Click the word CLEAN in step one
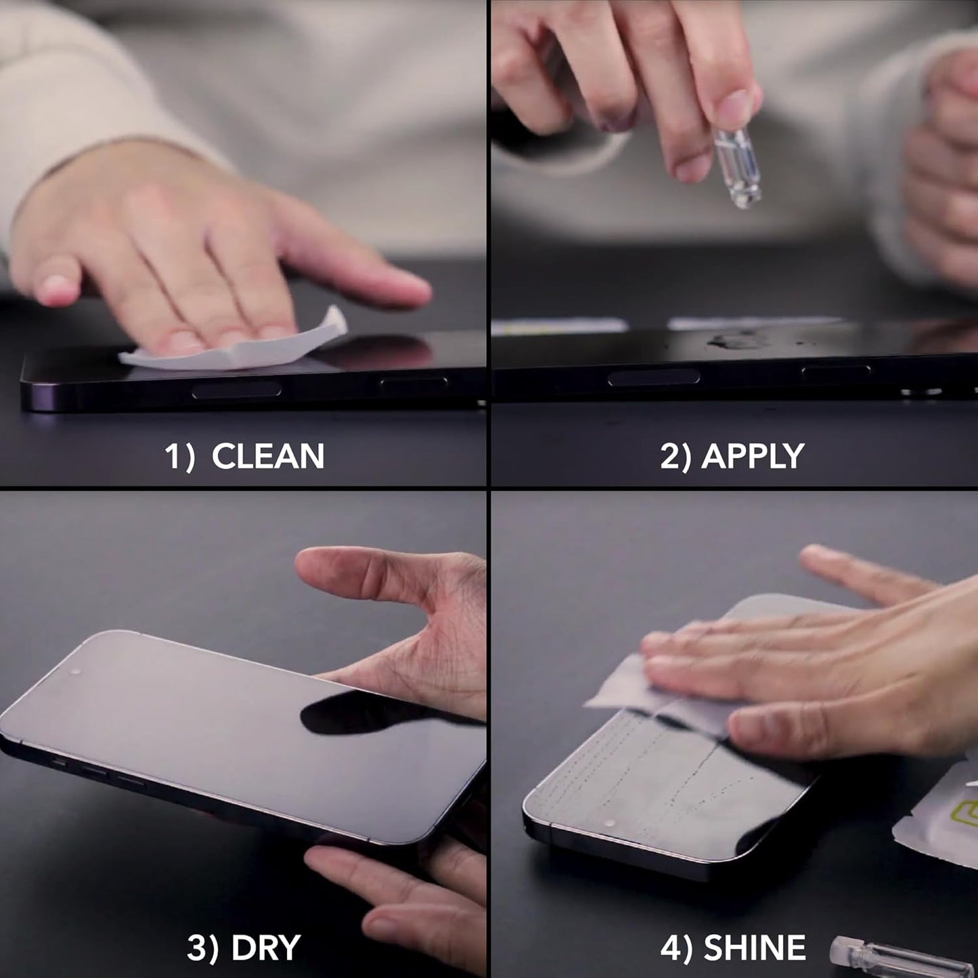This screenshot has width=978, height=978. pos(268,456)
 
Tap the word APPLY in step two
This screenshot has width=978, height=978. pos(753,456)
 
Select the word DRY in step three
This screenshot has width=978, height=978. pos(266,948)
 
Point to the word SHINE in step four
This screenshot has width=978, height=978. pos(755,948)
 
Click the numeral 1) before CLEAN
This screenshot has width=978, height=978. pos(179,457)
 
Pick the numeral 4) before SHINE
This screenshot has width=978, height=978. pos(675,948)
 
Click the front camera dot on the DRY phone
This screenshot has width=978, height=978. pos(74,672)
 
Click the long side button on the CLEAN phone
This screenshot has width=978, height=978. pos(236,390)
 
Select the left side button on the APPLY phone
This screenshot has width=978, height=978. pos(653,378)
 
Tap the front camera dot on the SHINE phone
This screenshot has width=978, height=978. pos(610,824)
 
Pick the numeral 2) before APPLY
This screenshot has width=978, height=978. pos(675,457)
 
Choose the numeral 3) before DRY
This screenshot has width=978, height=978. pos(202,948)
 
